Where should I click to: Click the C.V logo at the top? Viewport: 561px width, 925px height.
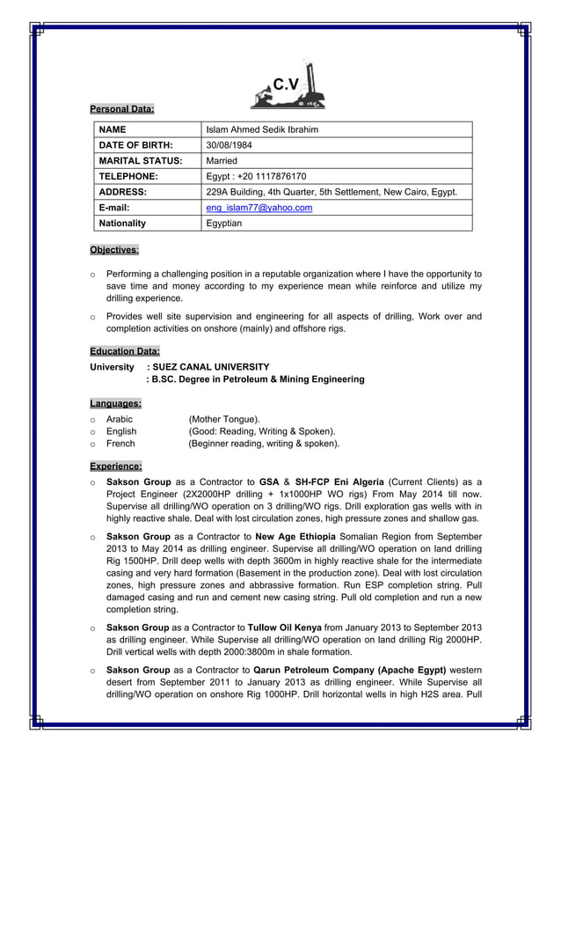[x=287, y=86]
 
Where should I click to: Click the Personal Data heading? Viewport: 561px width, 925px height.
[x=121, y=109]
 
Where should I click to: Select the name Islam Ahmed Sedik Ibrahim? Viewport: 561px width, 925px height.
[x=261, y=129]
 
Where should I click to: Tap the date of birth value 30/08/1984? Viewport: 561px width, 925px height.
[x=229, y=145]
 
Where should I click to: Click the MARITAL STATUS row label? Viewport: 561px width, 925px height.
[x=140, y=161]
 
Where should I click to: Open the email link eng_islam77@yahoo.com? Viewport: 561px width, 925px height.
[x=259, y=208]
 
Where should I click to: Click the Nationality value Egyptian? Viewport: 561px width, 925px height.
[x=223, y=224]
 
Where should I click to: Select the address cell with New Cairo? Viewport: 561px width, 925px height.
[x=331, y=192]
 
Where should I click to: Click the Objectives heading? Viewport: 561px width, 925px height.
[x=114, y=250]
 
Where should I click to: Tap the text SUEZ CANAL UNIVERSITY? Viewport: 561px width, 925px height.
[x=211, y=367]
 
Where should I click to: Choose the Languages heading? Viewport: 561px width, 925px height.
[x=115, y=403]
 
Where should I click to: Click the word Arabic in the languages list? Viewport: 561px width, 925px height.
[x=120, y=420]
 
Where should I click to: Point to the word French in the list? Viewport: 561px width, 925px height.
[x=120, y=444]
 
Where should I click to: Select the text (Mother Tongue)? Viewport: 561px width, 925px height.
[x=224, y=420]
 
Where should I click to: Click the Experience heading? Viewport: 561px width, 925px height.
[x=115, y=466]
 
